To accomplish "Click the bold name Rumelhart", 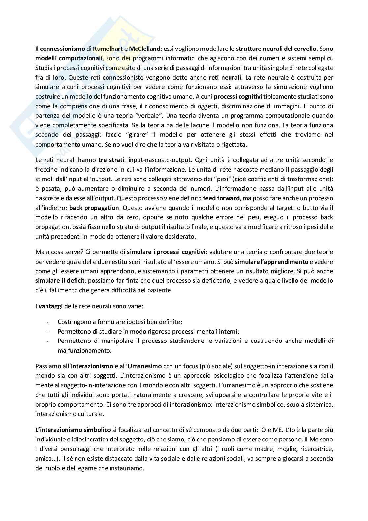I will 108,49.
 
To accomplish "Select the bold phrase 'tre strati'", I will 111,160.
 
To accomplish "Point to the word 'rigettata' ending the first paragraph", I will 235,145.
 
